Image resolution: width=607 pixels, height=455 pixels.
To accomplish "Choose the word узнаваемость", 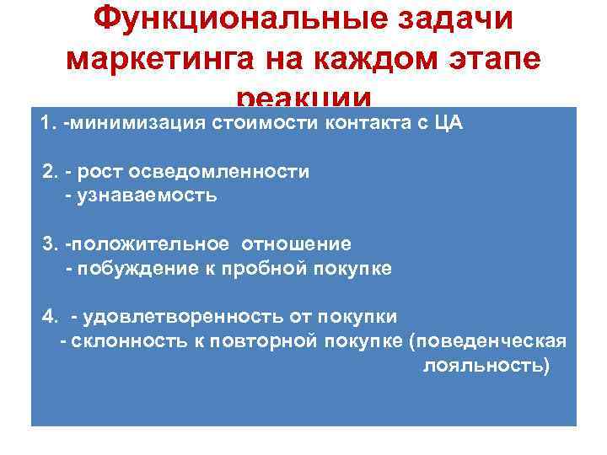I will click(x=148, y=195).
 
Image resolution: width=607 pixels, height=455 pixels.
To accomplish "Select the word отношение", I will click(x=297, y=244).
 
